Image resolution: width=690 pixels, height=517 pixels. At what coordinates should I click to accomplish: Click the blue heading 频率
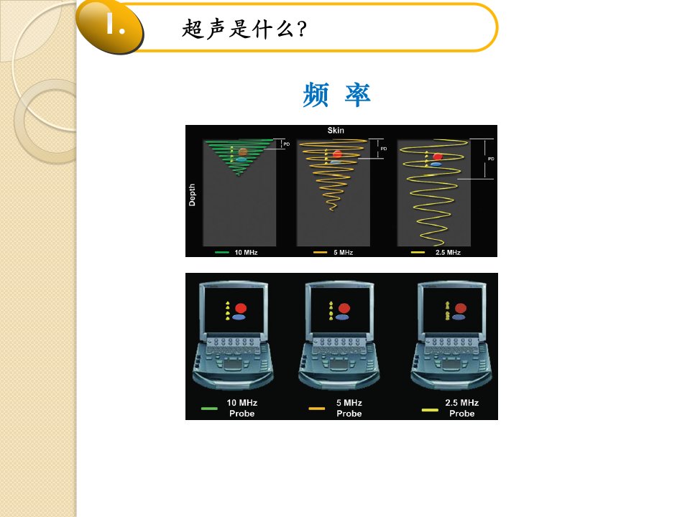(x=336, y=95)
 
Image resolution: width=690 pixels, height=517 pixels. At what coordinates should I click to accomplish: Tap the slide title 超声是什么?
(x=244, y=29)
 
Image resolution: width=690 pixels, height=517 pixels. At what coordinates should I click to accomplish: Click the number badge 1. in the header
(x=116, y=24)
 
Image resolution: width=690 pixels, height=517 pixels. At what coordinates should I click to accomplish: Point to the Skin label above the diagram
(x=336, y=131)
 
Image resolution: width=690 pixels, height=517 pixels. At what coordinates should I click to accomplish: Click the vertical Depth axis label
(x=192, y=195)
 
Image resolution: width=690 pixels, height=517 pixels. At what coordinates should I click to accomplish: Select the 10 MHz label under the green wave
(x=246, y=252)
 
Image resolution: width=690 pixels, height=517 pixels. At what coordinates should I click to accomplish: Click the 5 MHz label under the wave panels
(x=344, y=252)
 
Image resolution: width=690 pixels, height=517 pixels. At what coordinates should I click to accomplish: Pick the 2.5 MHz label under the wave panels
(x=448, y=252)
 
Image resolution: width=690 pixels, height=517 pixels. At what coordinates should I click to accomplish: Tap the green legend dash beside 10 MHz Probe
(x=209, y=409)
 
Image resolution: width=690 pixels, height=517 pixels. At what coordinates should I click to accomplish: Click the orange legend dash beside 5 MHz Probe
(x=317, y=409)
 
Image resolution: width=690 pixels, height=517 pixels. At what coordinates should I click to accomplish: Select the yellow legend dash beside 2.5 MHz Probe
(x=430, y=410)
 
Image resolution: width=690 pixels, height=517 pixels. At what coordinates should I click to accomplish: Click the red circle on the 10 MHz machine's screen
(x=241, y=308)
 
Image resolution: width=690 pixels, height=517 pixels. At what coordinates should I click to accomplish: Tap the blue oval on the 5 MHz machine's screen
(x=342, y=317)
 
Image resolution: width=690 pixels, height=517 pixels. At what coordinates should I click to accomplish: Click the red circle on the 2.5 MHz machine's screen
(x=460, y=308)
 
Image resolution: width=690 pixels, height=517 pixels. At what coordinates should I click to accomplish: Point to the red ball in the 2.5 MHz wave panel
(x=438, y=157)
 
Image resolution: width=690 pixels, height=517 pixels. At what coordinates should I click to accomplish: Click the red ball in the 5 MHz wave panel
(x=338, y=154)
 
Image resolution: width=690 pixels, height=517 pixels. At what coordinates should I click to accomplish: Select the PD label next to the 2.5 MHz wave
(x=491, y=159)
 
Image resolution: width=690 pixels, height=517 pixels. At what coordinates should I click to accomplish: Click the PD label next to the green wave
(x=287, y=144)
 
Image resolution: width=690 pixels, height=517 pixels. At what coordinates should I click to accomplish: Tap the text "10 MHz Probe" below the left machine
(x=241, y=408)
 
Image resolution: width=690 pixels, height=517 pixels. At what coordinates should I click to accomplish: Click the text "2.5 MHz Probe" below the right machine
(x=461, y=408)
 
